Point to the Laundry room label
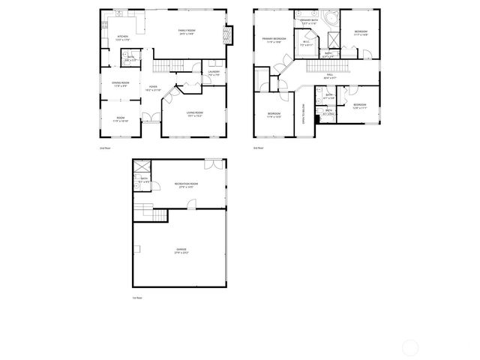214,73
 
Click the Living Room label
195,114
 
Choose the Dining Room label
121,84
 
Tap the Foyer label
152,88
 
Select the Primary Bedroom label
274,40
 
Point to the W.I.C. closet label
306,43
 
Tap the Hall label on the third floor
330,75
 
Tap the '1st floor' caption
136,298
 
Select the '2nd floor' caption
105,148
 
